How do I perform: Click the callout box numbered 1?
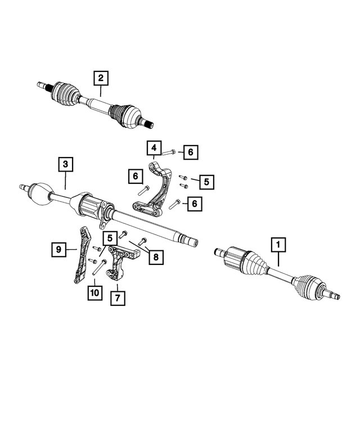[x=277, y=245]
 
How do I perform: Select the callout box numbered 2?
[x=101, y=78]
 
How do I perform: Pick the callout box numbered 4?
[x=152, y=148]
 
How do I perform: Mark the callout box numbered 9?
[x=57, y=248]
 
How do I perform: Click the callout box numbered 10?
[x=94, y=292]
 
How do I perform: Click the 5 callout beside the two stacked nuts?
[x=206, y=182]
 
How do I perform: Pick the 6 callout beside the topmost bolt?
[x=190, y=151]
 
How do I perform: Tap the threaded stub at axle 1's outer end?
[x=333, y=294]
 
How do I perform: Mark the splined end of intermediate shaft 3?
[x=192, y=241]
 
